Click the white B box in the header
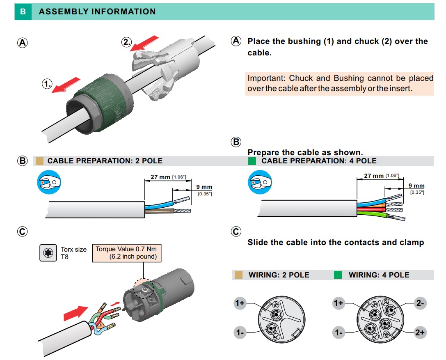pos(23,11)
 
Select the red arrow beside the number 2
pos(145,43)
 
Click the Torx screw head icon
pos(48,253)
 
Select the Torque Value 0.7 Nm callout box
pos(127,253)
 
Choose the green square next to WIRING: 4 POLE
pos(338,275)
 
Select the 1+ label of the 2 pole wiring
pos(240,303)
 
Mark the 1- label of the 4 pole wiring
pos(339,332)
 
